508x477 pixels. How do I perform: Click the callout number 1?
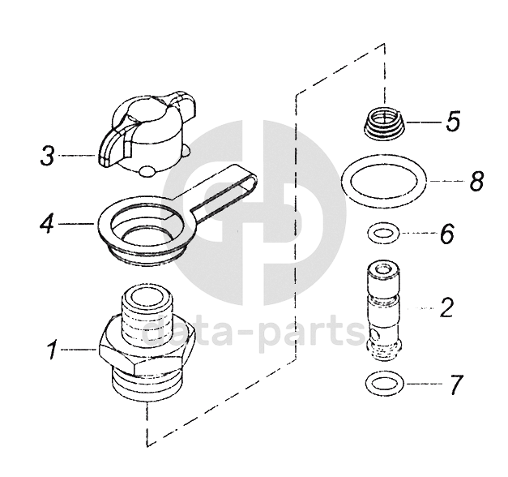[x=53, y=350]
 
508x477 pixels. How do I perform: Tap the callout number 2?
[x=446, y=307]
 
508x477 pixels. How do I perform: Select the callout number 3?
[x=48, y=156]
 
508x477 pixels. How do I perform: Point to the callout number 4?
[x=47, y=223]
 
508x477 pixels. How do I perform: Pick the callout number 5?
[x=453, y=122]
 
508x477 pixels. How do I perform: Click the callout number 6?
[x=447, y=234]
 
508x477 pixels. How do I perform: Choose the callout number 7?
[x=456, y=385]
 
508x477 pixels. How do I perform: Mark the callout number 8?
[x=477, y=180]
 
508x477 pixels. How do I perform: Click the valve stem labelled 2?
[x=384, y=311]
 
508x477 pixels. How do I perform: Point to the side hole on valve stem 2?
[x=375, y=333]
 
